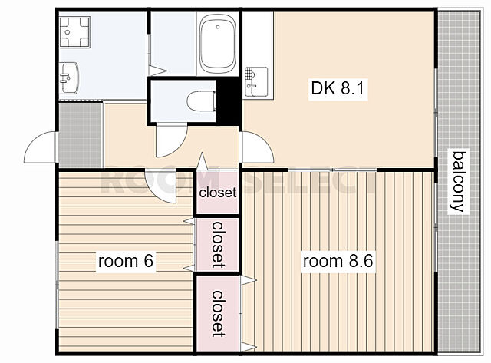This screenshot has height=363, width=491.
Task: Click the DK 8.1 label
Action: tap(338, 88)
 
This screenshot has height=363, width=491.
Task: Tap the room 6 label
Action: tap(126, 261)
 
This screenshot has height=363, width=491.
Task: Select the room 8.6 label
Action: tap(338, 261)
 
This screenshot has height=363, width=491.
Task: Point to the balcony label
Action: tap(459, 181)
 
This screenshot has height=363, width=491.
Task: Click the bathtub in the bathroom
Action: tap(218, 44)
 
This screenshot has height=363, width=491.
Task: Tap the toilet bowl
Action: tap(202, 101)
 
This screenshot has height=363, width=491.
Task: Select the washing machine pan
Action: tap(74, 32)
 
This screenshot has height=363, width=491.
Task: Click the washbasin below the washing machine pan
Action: tap(69, 78)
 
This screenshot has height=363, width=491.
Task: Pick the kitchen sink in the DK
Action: tap(256, 82)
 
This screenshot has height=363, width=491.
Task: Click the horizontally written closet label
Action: tap(218, 193)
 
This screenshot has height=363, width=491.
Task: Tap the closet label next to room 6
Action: tap(218, 245)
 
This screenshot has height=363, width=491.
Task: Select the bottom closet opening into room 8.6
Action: tap(218, 314)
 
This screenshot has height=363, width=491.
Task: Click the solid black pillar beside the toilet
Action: tap(228, 101)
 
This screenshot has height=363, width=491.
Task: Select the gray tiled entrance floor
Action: tap(81, 135)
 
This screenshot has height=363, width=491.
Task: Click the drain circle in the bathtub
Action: tap(218, 27)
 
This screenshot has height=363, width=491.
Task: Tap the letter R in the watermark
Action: tap(114, 183)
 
